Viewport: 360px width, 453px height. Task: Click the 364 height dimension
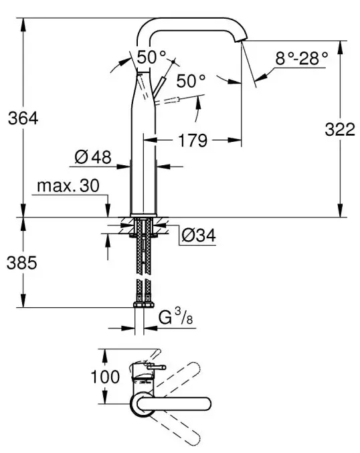(23, 118)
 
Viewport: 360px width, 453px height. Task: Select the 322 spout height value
(340, 129)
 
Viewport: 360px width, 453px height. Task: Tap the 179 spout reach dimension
(193, 141)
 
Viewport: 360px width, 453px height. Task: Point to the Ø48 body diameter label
(93, 157)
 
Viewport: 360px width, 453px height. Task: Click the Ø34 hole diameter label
(199, 235)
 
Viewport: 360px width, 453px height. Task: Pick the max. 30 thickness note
(68, 185)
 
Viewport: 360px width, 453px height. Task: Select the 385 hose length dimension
(22, 263)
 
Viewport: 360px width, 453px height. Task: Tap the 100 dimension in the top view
(105, 377)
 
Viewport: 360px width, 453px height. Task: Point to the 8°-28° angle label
(301, 58)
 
